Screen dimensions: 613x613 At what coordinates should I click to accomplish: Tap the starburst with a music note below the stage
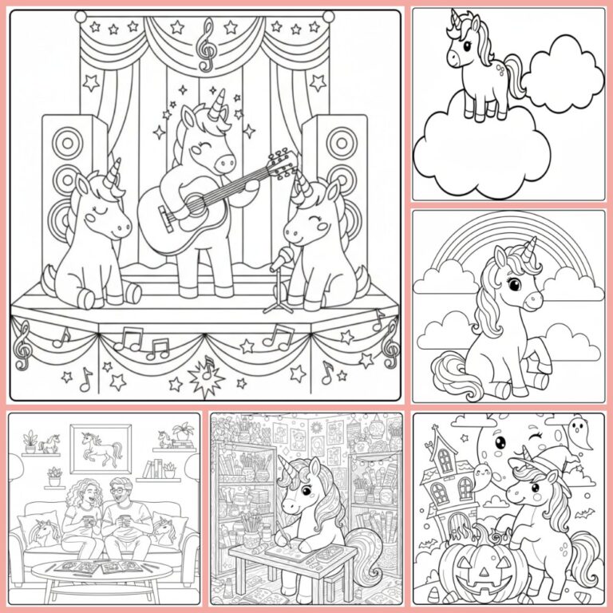click(207, 373)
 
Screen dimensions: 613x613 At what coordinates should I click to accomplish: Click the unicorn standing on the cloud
click(479, 68)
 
